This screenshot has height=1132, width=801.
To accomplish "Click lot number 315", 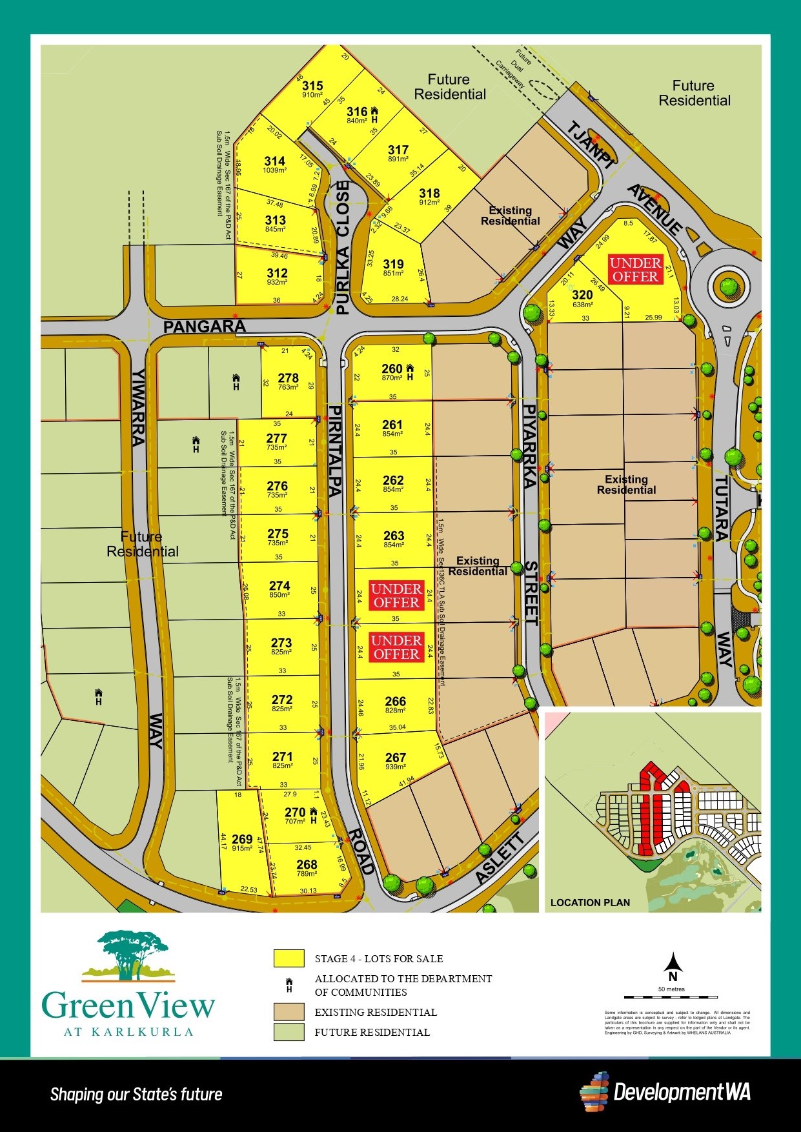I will click(x=312, y=86).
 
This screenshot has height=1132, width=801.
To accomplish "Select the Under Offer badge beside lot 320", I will click(x=635, y=270).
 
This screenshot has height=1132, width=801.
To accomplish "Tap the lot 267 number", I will click(x=395, y=758).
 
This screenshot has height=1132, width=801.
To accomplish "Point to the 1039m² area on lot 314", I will click(x=275, y=170).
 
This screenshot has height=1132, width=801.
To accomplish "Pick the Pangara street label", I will click(x=204, y=327).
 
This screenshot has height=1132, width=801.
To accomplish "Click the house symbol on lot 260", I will click(x=409, y=372).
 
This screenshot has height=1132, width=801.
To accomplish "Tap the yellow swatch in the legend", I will click(x=289, y=958).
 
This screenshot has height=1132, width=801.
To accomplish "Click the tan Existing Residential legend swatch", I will click(x=289, y=1012).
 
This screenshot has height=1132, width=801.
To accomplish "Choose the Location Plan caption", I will click(x=590, y=902).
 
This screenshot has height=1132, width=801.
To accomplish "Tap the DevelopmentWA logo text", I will click(x=682, y=1092).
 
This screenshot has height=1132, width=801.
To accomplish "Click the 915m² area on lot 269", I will click(x=241, y=848).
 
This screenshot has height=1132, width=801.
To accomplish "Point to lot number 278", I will click(x=288, y=378).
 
